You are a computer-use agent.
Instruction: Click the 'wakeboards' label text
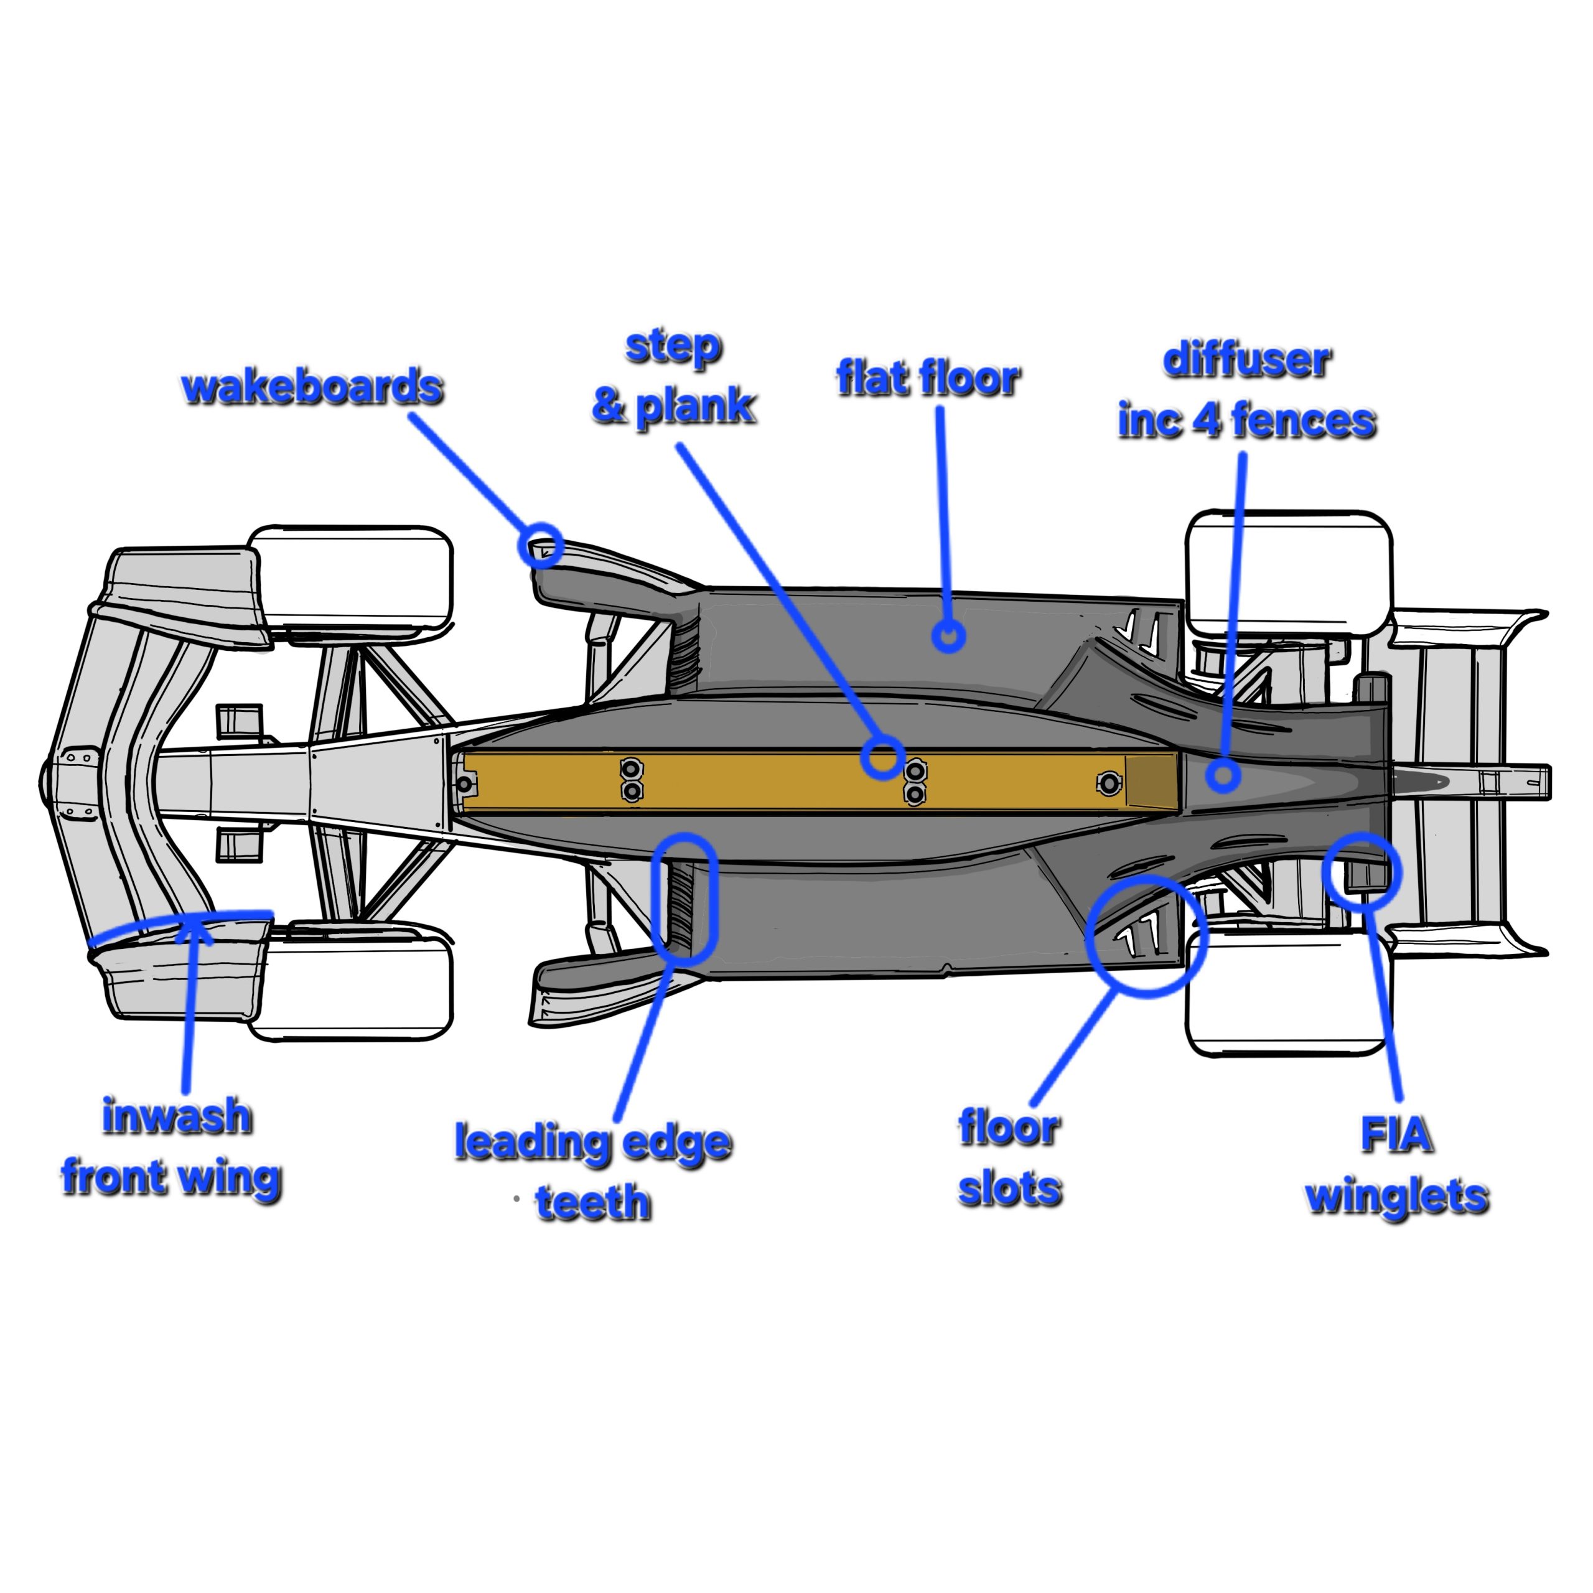tap(312, 388)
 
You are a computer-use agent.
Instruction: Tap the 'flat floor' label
tap(928, 378)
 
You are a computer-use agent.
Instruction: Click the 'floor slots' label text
tap(1009, 1157)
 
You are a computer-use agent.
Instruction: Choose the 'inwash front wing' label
tap(172, 1146)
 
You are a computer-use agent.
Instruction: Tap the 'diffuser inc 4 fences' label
tap(1246, 391)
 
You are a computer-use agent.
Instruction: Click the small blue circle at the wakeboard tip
tap(541, 545)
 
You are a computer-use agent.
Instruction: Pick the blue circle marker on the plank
tap(882, 757)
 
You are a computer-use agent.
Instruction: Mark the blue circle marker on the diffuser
tap(1223, 775)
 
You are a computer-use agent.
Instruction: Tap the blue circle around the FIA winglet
tap(1362, 869)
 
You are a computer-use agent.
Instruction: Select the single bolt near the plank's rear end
tap(1109, 783)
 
